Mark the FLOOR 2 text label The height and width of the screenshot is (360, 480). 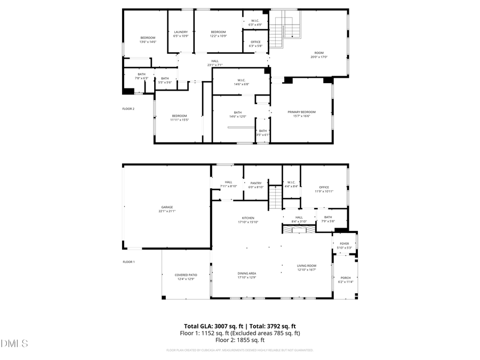[129, 109]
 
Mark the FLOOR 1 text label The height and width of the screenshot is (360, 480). [129, 262]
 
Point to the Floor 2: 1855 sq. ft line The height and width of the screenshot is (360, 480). [239, 340]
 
